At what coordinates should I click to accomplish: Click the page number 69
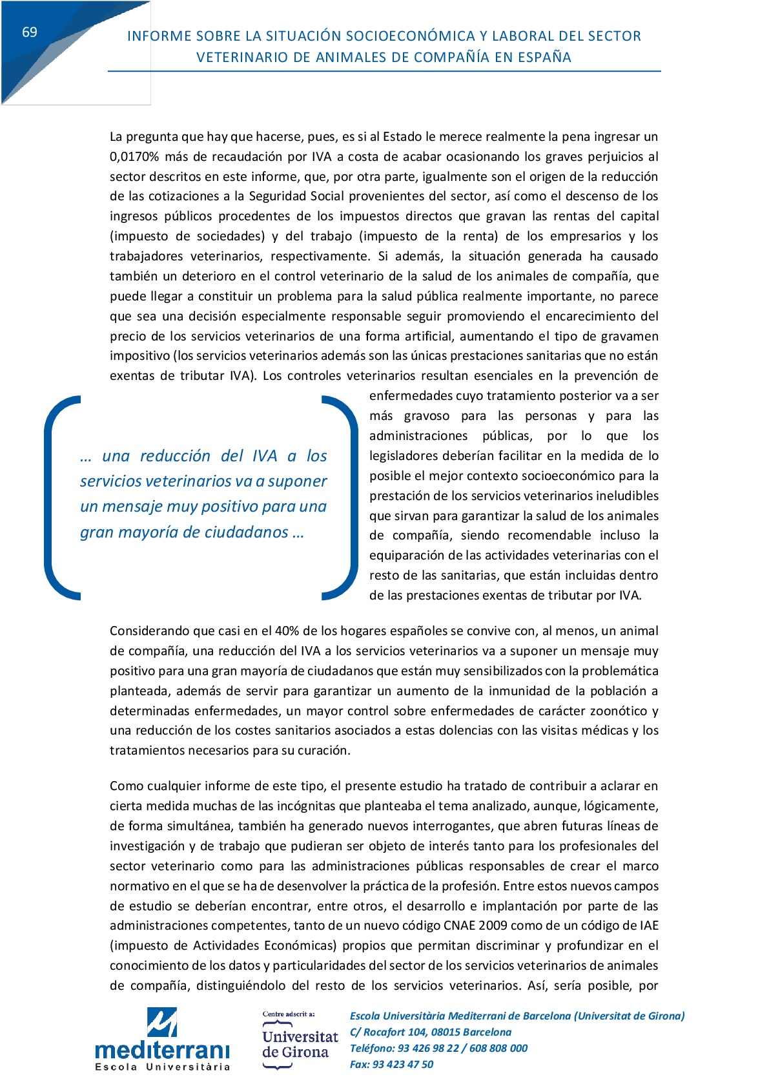click(x=30, y=32)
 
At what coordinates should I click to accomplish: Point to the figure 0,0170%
click(x=134, y=157)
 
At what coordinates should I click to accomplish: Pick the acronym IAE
click(x=648, y=926)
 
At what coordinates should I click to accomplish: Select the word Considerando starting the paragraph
click(x=149, y=631)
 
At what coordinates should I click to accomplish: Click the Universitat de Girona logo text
click(x=300, y=1045)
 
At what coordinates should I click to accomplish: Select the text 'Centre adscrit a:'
click(x=289, y=1014)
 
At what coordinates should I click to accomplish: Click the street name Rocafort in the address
click(x=386, y=1032)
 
